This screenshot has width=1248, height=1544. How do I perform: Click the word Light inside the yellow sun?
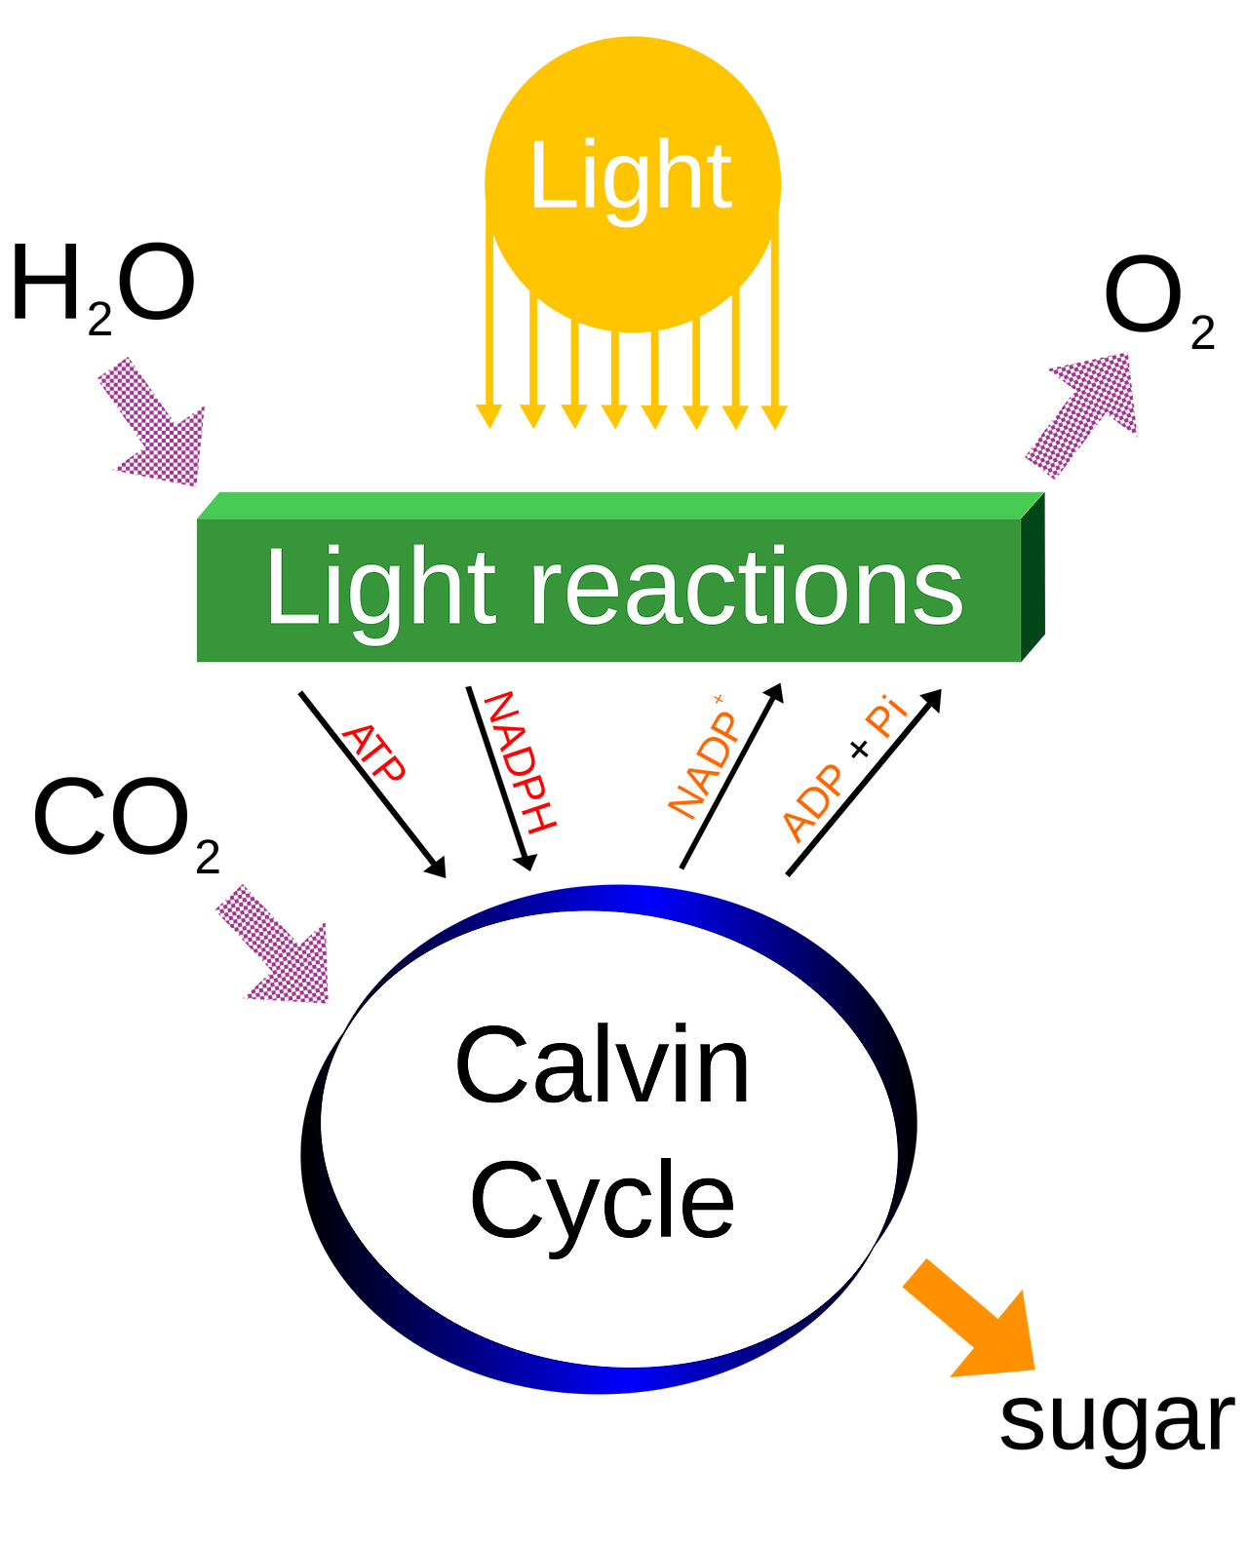coord(631,177)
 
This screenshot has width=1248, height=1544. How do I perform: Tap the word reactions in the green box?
coord(746,589)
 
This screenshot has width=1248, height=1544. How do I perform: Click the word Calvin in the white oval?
coord(603,1066)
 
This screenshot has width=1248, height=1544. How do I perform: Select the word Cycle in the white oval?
coord(602,1201)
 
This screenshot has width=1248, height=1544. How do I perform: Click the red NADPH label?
coord(519,762)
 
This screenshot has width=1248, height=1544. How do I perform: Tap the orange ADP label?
coord(811,803)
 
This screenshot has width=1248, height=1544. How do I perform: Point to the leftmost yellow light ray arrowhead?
coord(487,416)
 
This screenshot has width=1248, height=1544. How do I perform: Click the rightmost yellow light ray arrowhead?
coord(773,416)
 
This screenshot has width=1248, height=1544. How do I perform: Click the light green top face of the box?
coord(614,504)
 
